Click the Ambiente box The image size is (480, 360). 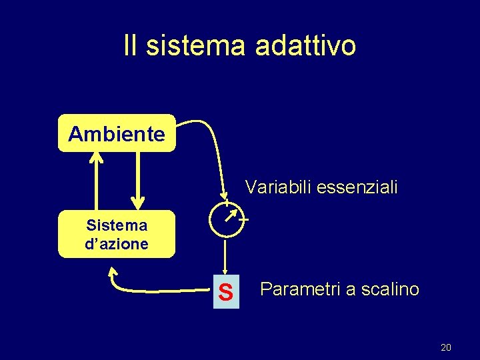(x=117, y=134)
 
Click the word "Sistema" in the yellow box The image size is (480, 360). (x=117, y=225)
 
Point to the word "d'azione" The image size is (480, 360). (x=117, y=244)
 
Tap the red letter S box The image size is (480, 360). (x=226, y=291)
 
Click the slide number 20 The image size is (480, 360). (x=446, y=347)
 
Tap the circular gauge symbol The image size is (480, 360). (x=226, y=219)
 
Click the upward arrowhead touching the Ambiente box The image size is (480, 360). (x=97, y=158)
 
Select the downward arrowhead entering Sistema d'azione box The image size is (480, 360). (x=137, y=203)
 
